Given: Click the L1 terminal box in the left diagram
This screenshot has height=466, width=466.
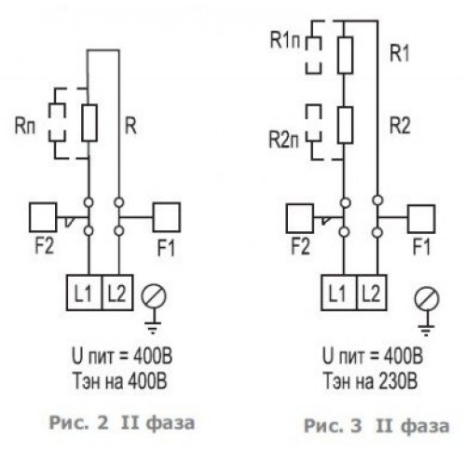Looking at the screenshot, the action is [x=84, y=293].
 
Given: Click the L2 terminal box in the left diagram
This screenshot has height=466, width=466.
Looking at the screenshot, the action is [x=117, y=293].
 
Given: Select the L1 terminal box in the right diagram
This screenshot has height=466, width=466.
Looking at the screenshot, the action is [x=339, y=293].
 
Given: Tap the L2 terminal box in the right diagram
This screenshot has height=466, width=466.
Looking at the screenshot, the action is [x=372, y=293].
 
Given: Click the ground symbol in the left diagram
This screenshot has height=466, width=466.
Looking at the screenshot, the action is [x=153, y=309].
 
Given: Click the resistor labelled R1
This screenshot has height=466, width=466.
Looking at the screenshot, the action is [x=345, y=55].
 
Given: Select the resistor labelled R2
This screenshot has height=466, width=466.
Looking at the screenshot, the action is [x=345, y=125].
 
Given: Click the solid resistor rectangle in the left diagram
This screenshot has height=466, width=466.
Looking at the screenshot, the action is [x=89, y=123].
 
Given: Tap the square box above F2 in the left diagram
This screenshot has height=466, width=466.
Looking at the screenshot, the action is [x=43, y=217].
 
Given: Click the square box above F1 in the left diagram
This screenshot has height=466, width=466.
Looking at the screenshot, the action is [x=167, y=217].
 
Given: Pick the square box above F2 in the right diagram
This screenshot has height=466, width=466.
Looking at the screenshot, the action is [x=299, y=218].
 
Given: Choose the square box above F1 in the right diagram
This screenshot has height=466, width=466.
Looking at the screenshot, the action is [x=421, y=219].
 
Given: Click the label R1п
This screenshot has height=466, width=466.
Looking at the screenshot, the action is [x=285, y=40].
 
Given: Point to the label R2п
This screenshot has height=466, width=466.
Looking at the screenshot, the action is [x=284, y=139].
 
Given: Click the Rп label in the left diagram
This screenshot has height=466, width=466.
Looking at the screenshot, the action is [x=25, y=126].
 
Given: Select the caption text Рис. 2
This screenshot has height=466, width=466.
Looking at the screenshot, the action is [x=79, y=423].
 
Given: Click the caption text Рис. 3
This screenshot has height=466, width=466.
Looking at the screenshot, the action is [x=333, y=426].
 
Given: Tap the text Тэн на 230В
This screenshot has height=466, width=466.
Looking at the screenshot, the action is [x=370, y=380].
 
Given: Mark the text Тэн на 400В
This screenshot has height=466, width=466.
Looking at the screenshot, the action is [x=120, y=380].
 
